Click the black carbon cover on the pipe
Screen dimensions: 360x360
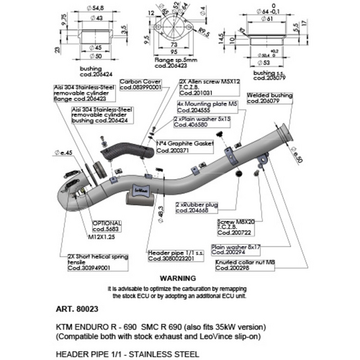[x=117, y=151]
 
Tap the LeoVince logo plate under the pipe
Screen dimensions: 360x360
[x=142, y=190]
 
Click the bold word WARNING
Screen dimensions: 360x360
[x=177, y=277]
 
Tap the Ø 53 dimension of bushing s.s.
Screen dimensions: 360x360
[x=295, y=63]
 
